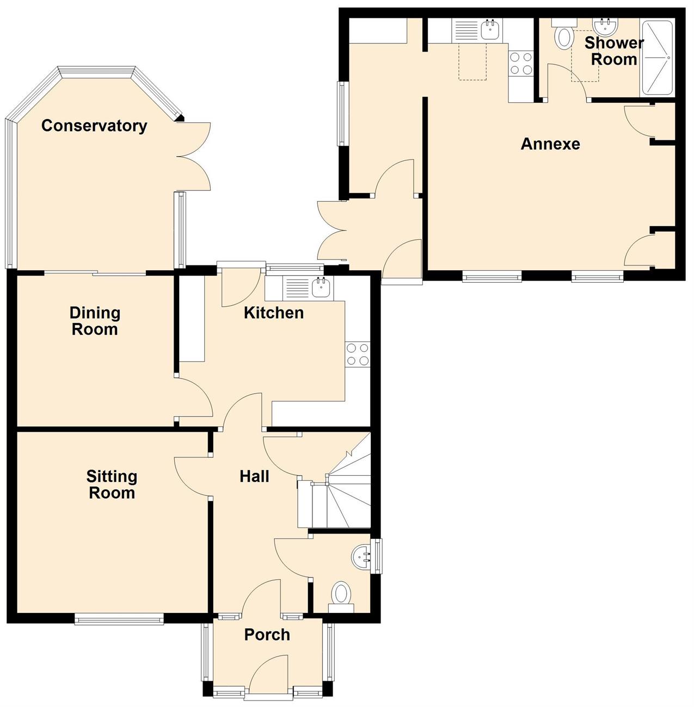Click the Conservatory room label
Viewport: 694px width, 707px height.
coord(94,126)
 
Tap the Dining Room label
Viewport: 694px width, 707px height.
coord(95,321)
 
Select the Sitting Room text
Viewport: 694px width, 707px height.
coord(112,485)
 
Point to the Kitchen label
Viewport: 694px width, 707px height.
coord(274,313)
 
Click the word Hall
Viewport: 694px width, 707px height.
coord(254,476)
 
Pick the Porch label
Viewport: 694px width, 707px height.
coord(267,634)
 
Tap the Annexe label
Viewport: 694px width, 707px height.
coord(550,144)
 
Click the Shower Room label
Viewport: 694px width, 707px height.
coord(613,51)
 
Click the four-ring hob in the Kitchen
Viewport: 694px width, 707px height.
coord(358,353)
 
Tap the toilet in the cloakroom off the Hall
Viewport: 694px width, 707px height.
coord(341,596)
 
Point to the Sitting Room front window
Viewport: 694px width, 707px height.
coord(119,619)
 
